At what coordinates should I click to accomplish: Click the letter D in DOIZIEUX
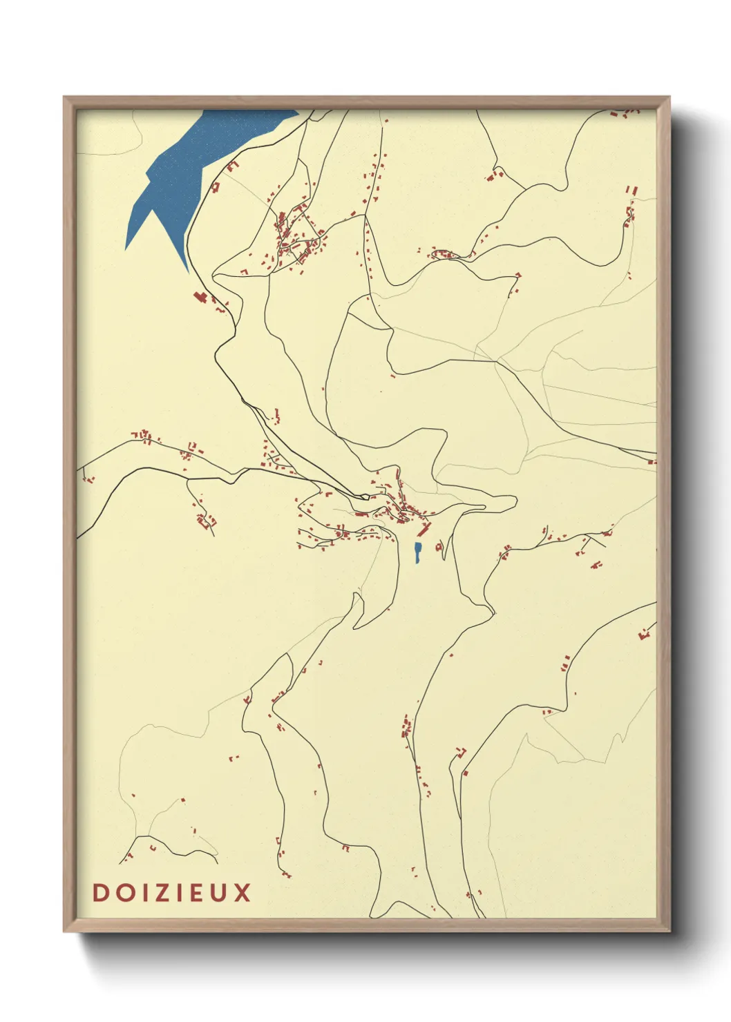[100, 892]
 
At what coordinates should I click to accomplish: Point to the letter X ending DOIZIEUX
[242, 892]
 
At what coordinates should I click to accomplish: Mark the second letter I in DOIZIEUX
[180, 892]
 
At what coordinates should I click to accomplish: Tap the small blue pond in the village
[417, 552]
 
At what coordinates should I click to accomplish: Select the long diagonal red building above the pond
[424, 530]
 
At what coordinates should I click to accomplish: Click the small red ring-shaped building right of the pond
[439, 547]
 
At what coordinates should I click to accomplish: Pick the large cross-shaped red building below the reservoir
[201, 297]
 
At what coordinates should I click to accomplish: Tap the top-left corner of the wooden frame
[64, 97]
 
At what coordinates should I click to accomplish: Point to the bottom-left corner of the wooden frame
[64, 931]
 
